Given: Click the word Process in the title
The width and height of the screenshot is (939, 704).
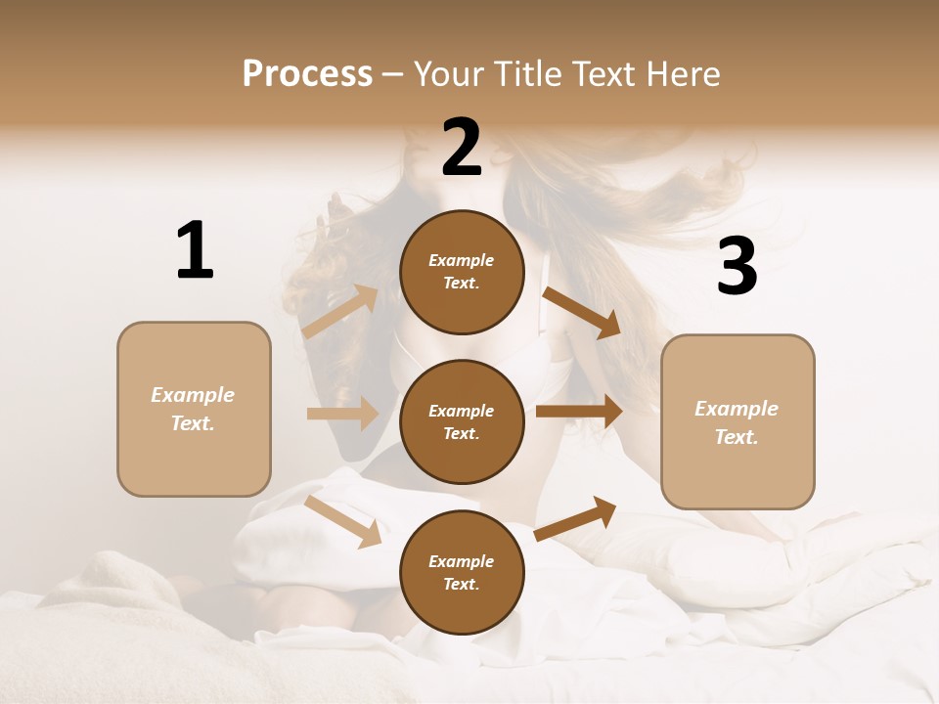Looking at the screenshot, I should coord(307,74).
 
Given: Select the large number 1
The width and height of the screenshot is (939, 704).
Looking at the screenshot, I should coord(195,251).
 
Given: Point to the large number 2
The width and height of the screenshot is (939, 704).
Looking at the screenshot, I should coord(462,148).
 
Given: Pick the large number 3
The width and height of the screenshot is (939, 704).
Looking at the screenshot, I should coord(737,267).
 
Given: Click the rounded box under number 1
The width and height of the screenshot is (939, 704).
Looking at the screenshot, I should coord(194,409).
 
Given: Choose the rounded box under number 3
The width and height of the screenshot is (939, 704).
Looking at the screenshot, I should coord(738,422).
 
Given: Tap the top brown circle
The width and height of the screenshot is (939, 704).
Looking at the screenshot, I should coord(462,272).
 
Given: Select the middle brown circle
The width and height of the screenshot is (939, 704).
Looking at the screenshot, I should coord(462,421).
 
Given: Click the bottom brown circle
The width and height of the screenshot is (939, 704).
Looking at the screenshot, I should coord(462,572).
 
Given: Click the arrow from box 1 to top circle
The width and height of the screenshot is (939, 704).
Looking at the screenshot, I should coord(340,312).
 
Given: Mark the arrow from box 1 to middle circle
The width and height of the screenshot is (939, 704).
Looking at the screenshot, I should coord(342,414).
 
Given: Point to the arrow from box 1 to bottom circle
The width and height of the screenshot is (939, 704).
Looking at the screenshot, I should coord(343,520).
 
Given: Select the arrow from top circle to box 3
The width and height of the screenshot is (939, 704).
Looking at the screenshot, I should coord(581,312).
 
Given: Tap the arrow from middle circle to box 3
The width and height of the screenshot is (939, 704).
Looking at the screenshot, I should coord(579,412).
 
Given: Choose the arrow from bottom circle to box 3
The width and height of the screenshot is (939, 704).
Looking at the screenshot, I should coord(575,518).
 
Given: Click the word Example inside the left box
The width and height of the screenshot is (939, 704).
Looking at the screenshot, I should coord(193,395).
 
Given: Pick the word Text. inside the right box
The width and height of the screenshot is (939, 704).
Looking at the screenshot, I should coord(737,437).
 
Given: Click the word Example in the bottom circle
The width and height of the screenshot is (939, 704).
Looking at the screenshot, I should coord(461,561).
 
